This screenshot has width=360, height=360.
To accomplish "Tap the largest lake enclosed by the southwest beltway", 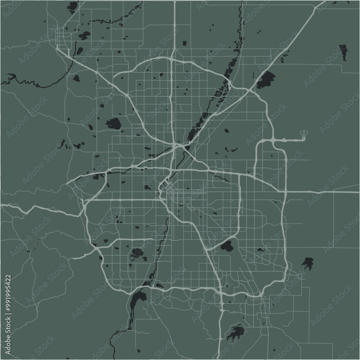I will tap(137, 253).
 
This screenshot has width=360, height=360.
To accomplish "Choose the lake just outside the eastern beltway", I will tap(307, 263).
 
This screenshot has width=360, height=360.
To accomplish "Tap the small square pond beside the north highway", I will tap(184, 43).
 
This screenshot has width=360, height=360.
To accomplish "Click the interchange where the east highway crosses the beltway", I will tap(285, 192).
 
